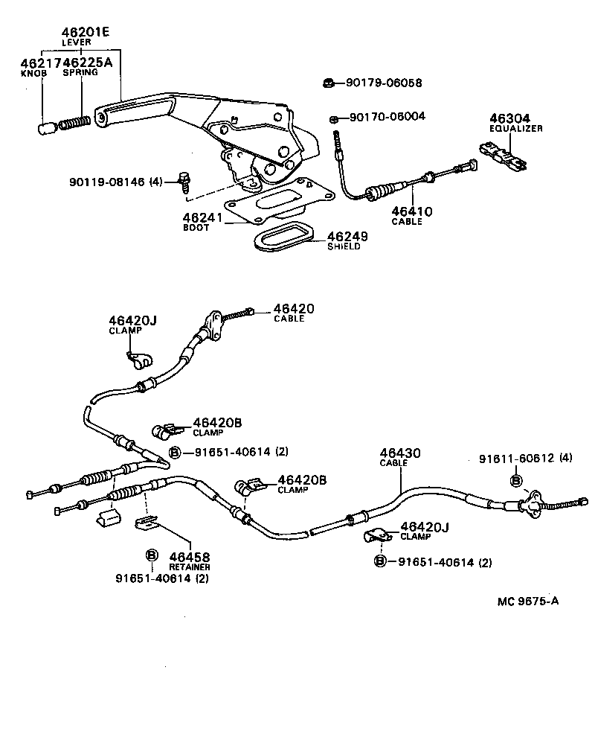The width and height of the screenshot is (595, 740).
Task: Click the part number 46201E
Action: click(x=86, y=33)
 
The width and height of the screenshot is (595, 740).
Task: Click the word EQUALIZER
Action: click(x=516, y=129)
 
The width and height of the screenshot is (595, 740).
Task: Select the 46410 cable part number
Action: click(x=412, y=211)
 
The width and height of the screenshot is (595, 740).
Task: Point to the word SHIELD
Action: click(x=344, y=246)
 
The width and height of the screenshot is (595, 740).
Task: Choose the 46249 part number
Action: click(x=348, y=236)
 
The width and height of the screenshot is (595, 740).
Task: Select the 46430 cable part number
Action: click(x=400, y=453)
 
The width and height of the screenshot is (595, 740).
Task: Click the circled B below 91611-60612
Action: click(x=515, y=481)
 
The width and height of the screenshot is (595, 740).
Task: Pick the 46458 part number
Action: click(x=189, y=556)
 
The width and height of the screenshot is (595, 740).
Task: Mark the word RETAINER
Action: click(x=189, y=567)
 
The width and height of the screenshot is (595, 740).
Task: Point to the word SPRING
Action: click(x=80, y=74)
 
